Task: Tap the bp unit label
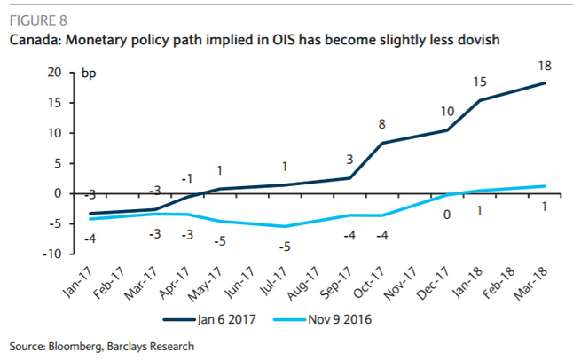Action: click(89, 73)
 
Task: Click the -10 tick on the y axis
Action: click(54, 254)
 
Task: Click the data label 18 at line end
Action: click(545, 65)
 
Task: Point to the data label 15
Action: click(480, 82)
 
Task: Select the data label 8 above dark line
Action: click(382, 124)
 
